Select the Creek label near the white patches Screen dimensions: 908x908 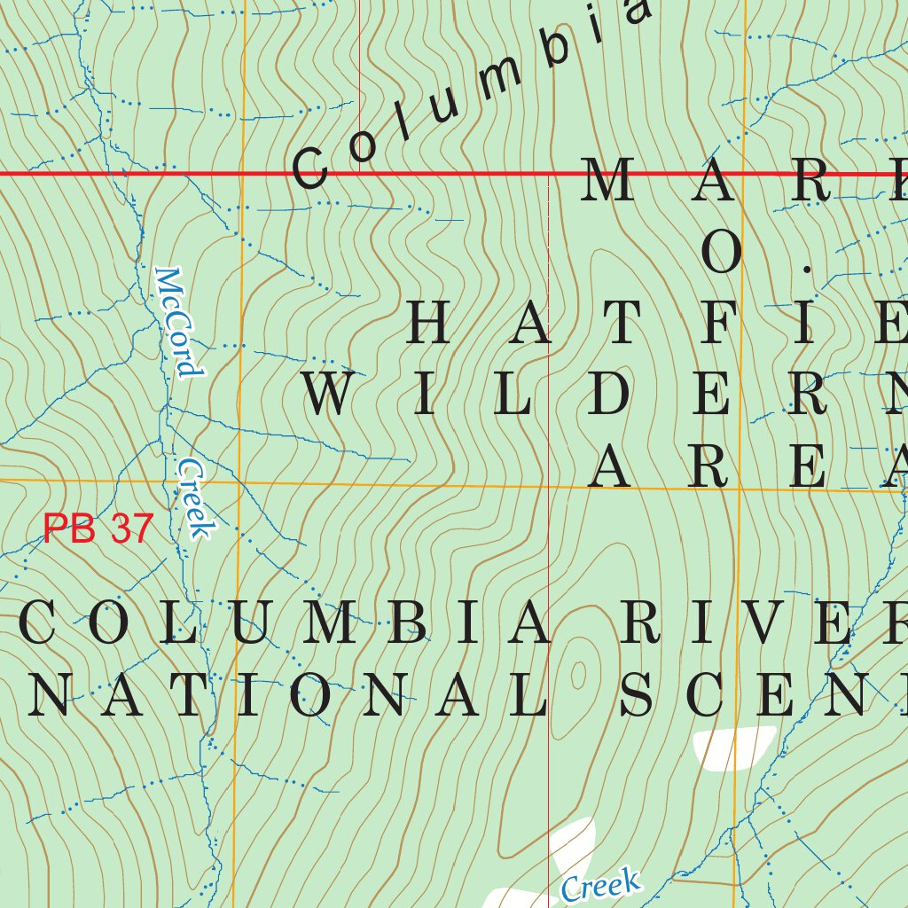(x=600, y=886)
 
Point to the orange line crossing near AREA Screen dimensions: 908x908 (x=739, y=487)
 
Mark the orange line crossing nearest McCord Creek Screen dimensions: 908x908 (x=239, y=482)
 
